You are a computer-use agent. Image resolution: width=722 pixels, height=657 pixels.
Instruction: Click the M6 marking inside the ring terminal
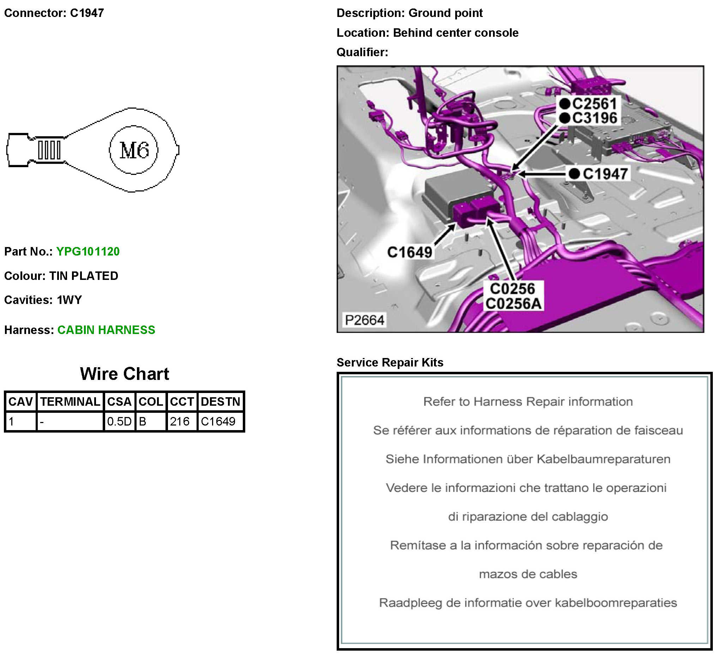134,150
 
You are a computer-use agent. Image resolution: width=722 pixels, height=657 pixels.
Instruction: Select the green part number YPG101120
88,251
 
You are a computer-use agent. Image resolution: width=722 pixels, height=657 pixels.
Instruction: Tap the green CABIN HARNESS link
106,330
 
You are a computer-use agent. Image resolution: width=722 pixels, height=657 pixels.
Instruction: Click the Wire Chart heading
124,374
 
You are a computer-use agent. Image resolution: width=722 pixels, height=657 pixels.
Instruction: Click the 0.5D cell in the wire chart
119,421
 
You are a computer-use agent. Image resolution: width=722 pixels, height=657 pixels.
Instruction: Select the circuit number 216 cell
179,421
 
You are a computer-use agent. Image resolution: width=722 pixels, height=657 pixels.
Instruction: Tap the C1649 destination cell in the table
218,421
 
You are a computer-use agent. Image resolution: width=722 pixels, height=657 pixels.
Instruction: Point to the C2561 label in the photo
594,104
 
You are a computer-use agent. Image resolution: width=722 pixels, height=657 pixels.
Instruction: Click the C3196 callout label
594,118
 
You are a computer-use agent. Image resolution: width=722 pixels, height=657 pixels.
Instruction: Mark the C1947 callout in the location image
605,174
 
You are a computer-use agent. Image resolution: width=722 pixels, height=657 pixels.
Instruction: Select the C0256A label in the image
513,304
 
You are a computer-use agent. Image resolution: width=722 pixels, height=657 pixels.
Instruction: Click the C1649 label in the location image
410,252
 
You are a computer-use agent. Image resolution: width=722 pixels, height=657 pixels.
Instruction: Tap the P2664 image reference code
365,319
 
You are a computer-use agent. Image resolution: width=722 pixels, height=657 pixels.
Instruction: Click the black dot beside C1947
574,174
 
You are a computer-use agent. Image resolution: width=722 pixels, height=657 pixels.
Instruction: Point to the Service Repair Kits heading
390,362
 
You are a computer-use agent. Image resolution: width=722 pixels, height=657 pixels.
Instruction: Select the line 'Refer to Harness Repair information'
528,402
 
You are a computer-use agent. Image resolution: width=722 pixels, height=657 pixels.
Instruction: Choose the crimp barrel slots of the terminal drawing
49,150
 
